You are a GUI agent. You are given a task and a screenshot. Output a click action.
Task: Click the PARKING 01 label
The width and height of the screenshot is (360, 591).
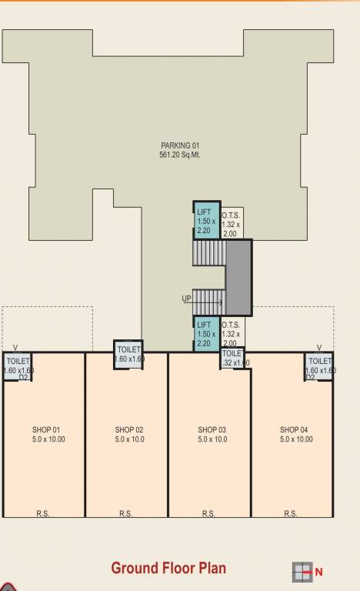[180, 145]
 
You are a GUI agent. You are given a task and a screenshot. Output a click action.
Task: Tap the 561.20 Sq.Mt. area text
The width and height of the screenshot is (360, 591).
[180, 154]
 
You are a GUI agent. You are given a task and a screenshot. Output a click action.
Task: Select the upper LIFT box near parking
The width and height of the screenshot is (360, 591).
[206, 221]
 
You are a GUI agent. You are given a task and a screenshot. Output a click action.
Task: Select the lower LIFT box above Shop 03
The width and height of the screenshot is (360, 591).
[206, 334]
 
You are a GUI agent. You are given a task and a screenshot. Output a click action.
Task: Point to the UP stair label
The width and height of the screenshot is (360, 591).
[187, 299]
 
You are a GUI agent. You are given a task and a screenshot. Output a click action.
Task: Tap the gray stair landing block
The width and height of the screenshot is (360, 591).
[238, 277]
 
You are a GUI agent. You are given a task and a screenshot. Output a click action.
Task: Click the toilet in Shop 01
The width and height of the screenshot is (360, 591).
[18, 365]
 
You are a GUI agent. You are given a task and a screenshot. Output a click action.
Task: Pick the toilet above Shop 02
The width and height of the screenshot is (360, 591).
[128, 354]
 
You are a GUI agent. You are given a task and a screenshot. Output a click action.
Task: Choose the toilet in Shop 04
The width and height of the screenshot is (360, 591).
[319, 365]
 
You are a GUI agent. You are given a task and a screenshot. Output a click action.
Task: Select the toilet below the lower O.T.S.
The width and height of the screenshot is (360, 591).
[232, 358]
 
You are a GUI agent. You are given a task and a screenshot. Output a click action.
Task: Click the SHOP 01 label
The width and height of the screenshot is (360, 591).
[45, 430]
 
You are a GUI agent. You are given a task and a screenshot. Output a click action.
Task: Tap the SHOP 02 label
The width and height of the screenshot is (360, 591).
[129, 430]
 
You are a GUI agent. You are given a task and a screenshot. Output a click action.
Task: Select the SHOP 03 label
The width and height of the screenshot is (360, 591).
[212, 430]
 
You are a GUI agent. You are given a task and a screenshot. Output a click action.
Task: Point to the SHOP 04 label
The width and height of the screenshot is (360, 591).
[294, 430]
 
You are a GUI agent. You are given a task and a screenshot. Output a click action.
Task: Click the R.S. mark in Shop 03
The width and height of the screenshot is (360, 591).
[208, 513]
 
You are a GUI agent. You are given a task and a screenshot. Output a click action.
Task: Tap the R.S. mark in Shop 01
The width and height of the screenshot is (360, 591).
[43, 513]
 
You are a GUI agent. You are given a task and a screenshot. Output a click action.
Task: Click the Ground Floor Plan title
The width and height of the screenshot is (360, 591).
[168, 568]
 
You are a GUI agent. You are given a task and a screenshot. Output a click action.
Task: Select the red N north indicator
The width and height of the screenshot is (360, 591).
[318, 572]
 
